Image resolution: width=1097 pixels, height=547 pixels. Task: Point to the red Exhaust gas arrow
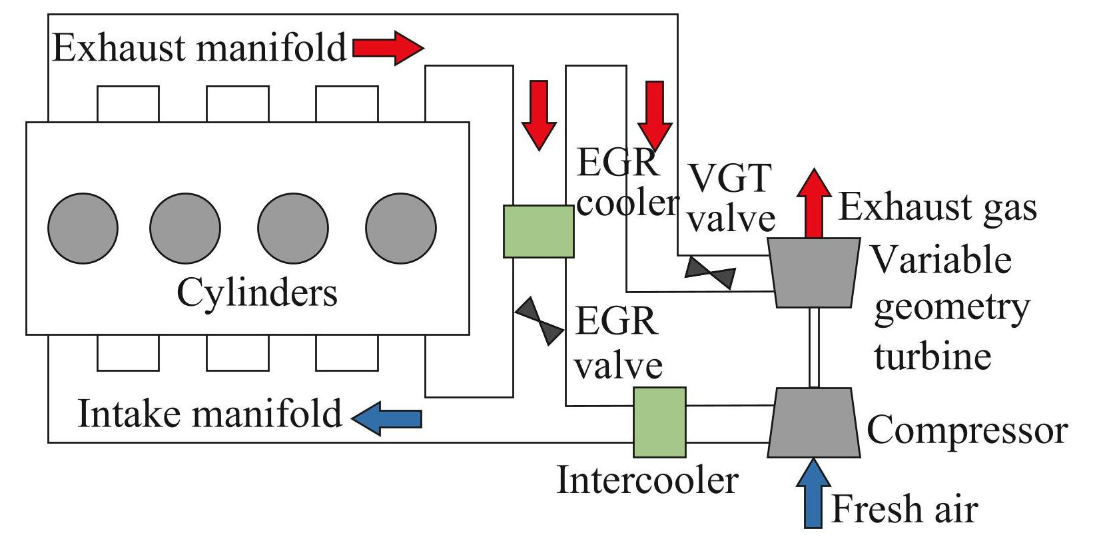pos(813,203)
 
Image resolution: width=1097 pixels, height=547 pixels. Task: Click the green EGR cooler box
pos(538,231)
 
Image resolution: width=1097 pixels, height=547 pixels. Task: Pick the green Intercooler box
pos(659,422)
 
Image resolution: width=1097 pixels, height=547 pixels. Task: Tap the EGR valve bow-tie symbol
pos(540,321)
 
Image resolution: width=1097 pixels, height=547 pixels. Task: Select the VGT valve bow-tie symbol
pos(711,273)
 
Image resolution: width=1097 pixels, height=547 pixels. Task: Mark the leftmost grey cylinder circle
pos(83,229)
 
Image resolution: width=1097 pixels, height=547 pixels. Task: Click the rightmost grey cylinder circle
pos(401,229)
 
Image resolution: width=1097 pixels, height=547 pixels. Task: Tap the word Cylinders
pos(257,292)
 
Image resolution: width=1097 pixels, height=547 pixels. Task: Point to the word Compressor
pos(967,430)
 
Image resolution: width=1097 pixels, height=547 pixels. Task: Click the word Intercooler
pos(647,480)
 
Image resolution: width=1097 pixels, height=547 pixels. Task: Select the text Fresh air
pos(905,510)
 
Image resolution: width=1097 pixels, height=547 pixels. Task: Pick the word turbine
pos(932,356)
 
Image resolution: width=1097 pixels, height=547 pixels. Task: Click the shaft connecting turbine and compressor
pos(814,347)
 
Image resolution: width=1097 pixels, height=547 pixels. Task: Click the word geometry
pos(952,308)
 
